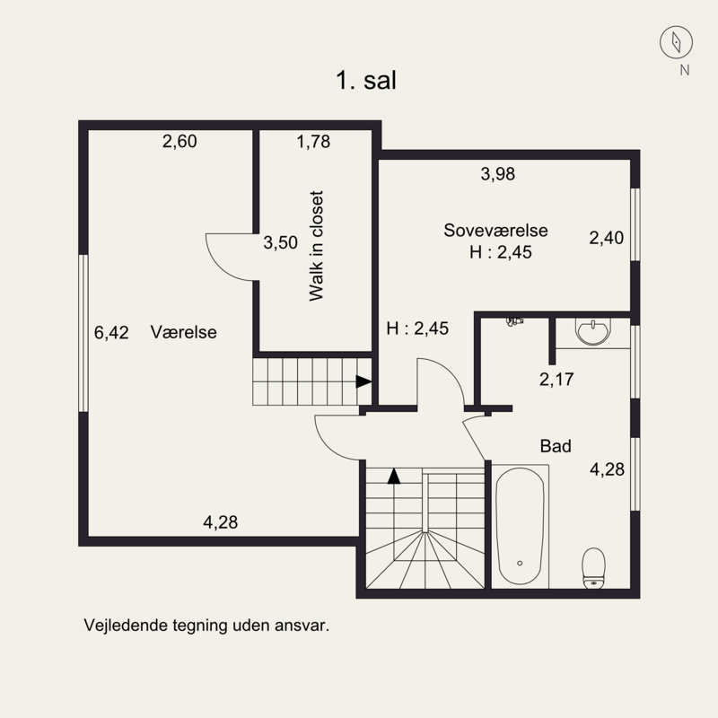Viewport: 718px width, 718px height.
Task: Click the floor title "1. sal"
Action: [x=366, y=80]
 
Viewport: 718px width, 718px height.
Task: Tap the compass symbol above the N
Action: [x=676, y=42]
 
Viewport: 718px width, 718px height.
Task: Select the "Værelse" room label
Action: [x=184, y=332]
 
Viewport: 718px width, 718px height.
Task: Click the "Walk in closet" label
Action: [x=316, y=246]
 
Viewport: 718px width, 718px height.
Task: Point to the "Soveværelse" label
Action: [x=495, y=230]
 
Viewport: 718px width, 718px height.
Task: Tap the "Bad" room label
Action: [x=556, y=446]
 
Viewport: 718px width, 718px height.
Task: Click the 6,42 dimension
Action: [x=111, y=332]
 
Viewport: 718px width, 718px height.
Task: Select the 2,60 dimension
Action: [x=179, y=141]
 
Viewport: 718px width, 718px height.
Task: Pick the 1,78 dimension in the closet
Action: [x=313, y=142]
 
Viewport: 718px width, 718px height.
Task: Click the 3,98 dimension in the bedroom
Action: [x=498, y=174]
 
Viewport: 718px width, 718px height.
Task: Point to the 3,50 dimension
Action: [x=280, y=242]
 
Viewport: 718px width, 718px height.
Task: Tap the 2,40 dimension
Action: [x=607, y=238]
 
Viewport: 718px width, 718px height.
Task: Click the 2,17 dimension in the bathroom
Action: [x=556, y=380]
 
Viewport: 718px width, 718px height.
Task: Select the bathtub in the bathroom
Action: [x=520, y=526]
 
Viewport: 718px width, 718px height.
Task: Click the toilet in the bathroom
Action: [x=593, y=568]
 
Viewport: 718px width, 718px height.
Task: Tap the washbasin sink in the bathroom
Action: [x=593, y=331]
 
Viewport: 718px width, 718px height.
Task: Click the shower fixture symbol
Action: [x=514, y=321]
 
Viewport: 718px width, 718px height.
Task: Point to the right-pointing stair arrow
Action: [x=363, y=381]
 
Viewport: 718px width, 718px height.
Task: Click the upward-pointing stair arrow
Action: [x=394, y=477]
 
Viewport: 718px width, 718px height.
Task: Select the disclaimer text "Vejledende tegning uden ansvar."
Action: [x=206, y=625]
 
